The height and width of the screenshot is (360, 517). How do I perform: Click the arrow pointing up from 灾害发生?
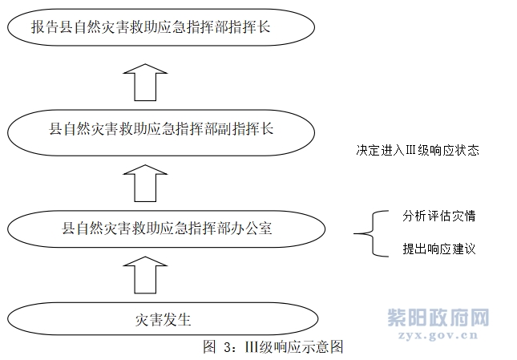coord(145,275)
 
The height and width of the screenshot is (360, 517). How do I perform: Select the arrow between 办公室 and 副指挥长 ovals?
coord(145,184)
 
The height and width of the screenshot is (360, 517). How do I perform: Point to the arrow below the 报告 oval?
coord(145,82)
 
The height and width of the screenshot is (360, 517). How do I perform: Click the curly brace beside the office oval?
coord(372,233)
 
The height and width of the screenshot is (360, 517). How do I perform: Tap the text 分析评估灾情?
coord(439,216)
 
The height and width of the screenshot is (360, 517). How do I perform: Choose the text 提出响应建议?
coord(439,249)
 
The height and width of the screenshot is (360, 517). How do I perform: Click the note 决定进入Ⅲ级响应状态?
coord(418,150)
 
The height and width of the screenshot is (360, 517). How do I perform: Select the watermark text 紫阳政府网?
coord(438,318)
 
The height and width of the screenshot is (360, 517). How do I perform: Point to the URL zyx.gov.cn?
coord(438,335)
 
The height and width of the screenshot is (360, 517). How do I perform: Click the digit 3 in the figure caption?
coord(228,347)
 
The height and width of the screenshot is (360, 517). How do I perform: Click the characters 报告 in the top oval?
coord(45,26)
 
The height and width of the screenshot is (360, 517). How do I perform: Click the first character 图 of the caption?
coord(210,347)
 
